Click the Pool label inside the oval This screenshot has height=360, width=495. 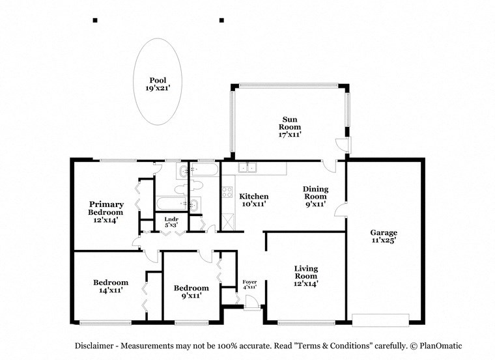[157, 81]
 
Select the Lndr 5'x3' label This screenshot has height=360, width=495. [171, 223]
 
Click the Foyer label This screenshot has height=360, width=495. [249, 282]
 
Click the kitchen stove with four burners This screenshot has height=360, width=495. [227, 192]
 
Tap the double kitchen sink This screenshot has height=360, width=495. [247, 168]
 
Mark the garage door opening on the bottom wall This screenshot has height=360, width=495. [380, 320]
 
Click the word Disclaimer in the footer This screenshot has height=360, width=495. [96, 346]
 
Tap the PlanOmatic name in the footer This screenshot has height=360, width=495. [440, 346]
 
